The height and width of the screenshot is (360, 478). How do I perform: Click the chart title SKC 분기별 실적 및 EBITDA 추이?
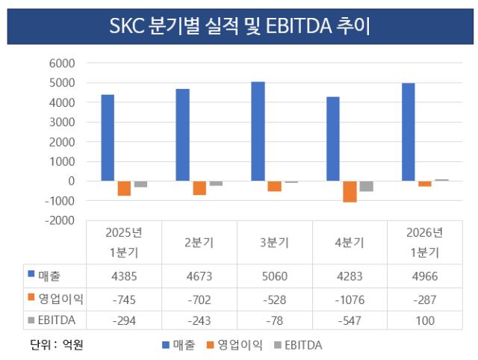pyautogui.click(x=240, y=26)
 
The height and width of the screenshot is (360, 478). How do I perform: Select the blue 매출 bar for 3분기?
pyautogui.click(x=258, y=131)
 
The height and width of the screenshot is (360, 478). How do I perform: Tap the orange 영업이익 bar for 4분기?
pyautogui.click(x=350, y=192)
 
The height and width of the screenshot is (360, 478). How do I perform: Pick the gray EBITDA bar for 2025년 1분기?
pyautogui.click(x=140, y=184)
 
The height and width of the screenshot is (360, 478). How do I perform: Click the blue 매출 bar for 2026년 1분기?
pyautogui.click(x=409, y=132)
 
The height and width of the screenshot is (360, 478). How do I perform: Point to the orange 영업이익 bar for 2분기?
pyautogui.click(x=199, y=188)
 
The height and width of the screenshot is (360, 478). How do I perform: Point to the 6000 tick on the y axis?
pyautogui.click(x=62, y=63)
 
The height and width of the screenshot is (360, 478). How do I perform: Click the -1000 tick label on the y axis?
pyautogui.click(x=60, y=201)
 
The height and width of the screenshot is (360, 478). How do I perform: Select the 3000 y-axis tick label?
pyautogui.click(x=62, y=122)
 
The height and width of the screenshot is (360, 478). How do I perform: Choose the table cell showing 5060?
pyautogui.click(x=275, y=276)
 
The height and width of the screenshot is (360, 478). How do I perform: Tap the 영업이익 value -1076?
pyautogui.click(x=350, y=300)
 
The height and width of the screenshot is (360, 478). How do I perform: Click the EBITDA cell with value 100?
pyautogui.click(x=425, y=320)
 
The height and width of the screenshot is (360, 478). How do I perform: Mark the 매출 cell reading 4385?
pyautogui.click(x=124, y=276)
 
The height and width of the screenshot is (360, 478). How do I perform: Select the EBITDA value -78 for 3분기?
pyautogui.click(x=275, y=320)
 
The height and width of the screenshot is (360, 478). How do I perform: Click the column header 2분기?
pyautogui.click(x=199, y=243)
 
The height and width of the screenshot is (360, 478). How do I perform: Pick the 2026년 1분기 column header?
pyautogui.click(x=425, y=243)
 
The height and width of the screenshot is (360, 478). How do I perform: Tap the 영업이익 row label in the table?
pyautogui.click(x=60, y=299)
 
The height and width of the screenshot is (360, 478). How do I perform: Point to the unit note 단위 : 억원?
pyautogui.click(x=57, y=345)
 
